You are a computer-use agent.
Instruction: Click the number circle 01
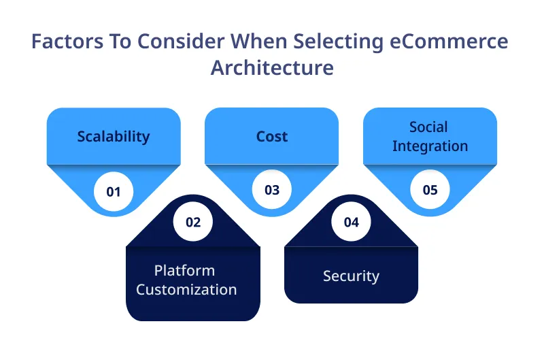point(114,191)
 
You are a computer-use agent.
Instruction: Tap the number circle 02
point(193,222)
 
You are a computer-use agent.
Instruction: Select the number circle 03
point(272,190)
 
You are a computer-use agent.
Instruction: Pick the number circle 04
point(351,222)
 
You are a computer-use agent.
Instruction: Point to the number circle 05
point(430,190)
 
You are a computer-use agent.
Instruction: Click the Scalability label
point(114,136)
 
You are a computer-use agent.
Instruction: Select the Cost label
point(272,136)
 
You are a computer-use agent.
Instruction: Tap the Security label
point(351,276)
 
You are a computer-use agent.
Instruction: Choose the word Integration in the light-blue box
point(430,146)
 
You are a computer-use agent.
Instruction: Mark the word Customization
point(186,289)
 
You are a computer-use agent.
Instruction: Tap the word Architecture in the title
point(272,68)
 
